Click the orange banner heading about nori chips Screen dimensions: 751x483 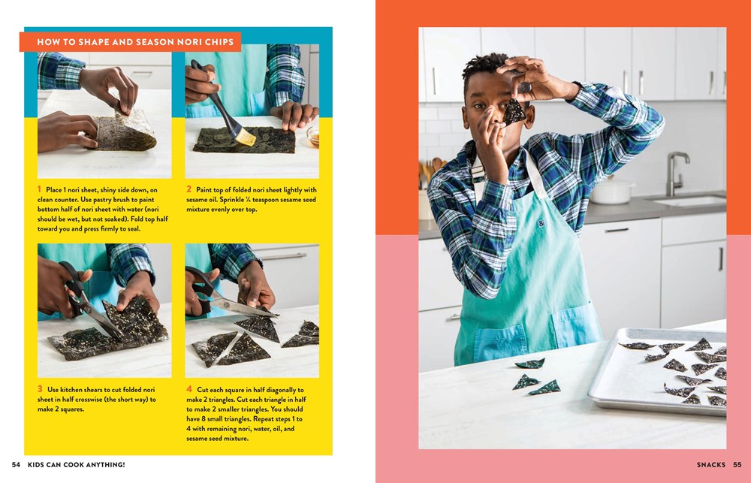coord(130,41)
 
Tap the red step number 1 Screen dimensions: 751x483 coord(39,189)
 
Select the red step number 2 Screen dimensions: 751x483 coord(189,189)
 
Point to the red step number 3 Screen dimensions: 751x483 coord(40,389)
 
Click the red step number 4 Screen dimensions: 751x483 coord(189,389)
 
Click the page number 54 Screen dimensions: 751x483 coord(16,464)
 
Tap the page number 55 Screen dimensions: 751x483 coord(737,464)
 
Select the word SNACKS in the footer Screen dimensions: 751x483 coord(711,464)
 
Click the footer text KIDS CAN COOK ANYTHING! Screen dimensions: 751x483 coord(76,464)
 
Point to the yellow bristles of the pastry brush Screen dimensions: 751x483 coord(246,138)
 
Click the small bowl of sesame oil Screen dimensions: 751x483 coord(313,136)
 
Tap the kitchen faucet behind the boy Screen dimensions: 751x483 coord(676,174)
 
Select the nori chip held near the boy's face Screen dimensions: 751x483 coord(514,111)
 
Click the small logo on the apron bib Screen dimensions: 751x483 coord(541,223)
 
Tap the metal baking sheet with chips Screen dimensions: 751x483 coord(657,370)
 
